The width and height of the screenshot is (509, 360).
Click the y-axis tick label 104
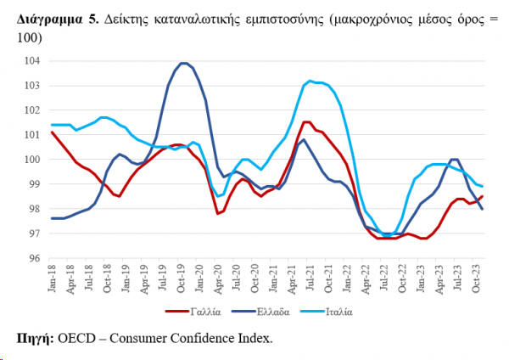click(33, 61)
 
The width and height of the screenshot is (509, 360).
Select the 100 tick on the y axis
click(33, 160)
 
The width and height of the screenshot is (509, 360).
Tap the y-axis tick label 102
click(33, 110)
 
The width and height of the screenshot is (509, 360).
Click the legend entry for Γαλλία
click(199, 312)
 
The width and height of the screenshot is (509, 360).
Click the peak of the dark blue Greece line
click(184, 63)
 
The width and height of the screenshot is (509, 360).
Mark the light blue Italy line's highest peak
click(310, 81)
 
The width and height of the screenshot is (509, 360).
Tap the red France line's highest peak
click(306, 121)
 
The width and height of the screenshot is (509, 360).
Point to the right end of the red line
click(483, 196)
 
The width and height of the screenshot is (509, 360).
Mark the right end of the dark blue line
click(483, 209)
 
